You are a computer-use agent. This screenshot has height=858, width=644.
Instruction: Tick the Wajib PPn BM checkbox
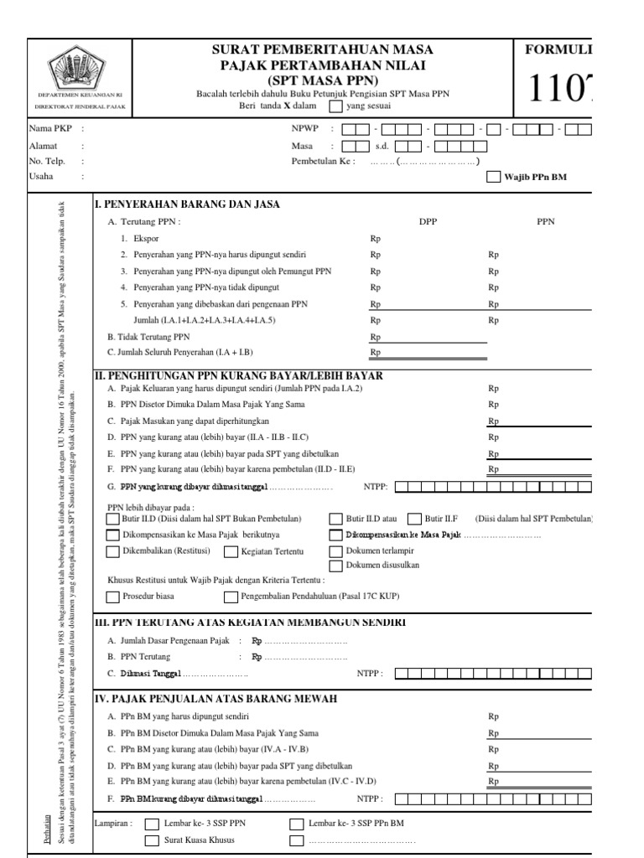point(493,178)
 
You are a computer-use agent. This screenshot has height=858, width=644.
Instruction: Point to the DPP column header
point(428,222)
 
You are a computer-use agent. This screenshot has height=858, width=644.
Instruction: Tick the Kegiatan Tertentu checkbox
point(230,550)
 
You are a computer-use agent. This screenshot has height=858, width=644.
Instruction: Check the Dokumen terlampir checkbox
point(335,550)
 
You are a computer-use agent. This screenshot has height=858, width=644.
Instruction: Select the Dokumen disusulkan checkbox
point(335,566)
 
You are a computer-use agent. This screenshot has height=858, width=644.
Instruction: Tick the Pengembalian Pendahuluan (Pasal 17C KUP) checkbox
point(231,597)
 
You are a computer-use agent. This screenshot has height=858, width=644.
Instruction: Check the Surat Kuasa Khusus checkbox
point(152,840)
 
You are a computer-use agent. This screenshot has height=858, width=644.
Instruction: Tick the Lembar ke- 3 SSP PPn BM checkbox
point(296,824)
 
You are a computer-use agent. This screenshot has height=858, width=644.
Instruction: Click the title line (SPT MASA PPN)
point(322,80)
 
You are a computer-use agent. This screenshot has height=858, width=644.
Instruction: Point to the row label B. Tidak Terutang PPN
point(149,336)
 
